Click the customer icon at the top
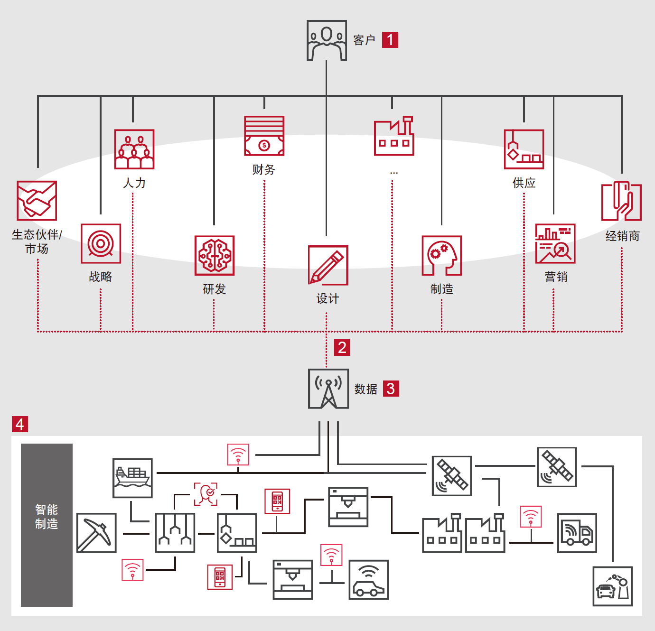pyautogui.click(x=327, y=40)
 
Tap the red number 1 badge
pyautogui.click(x=390, y=40)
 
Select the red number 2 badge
pyautogui.click(x=342, y=348)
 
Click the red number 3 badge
pyautogui.click(x=391, y=389)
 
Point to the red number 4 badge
pyautogui.click(x=20, y=424)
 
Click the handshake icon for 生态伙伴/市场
pyautogui.click(x=37, y=201)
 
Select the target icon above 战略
pyautogui.click(x=101, y=244)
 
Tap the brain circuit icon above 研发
pyautogui.click(x=215, y=256)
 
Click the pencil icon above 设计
pyautogui.click(x=328, y=265)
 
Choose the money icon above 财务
pyautogui.click(x=264, y=136)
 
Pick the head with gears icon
pyautogui.click(x=442, y=256)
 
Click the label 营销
pyautogui.click(x=556, y=277)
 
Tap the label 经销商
pyautogui.click(x=622, y=236)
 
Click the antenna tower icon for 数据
pyautogui.click(x=328, y=389)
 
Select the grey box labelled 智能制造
pyautogui.click(x=47, y=525)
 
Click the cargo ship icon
pyautogui.click(x=132, y=478)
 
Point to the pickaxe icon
pyautogui.click(x=96, y=533)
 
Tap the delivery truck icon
pyautogui.click(x=577, y=533)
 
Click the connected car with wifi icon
pyautogui.click(x=369, y=580)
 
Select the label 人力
pyautogui.click(x=134, y=183)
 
